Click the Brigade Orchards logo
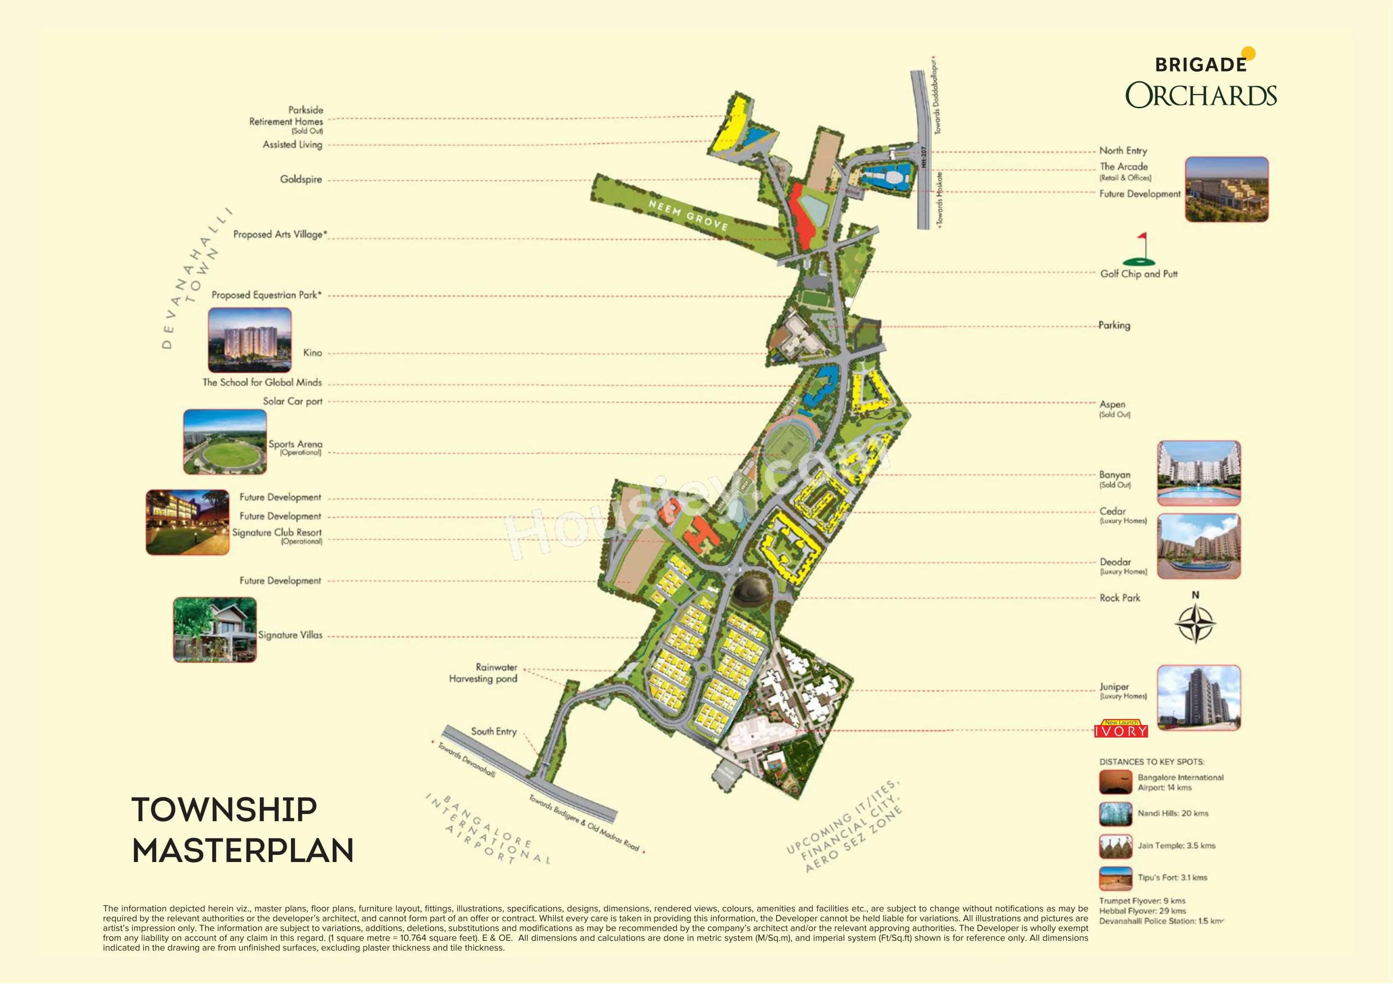point(1201,81)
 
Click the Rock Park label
point(1119,598)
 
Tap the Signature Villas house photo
point(215,629)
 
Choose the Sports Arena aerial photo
point(224,442)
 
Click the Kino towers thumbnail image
point(249,340)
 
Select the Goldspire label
point(301,179)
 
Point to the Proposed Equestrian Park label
point(266,295)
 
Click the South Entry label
point(493,731)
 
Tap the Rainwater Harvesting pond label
point(483,673)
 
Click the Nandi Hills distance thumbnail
point(1115,814)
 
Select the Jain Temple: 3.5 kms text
point(1176,846)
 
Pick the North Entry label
point(1123,150)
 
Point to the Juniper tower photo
point(1198,697)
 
